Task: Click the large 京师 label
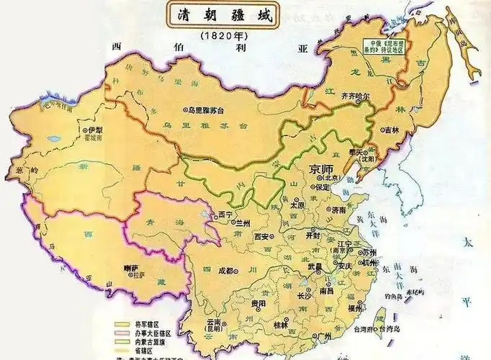tap(323, 170)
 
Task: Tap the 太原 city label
tap(298, 204)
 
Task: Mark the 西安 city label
tap(263, 235)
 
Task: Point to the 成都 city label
tap(225, 271)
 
